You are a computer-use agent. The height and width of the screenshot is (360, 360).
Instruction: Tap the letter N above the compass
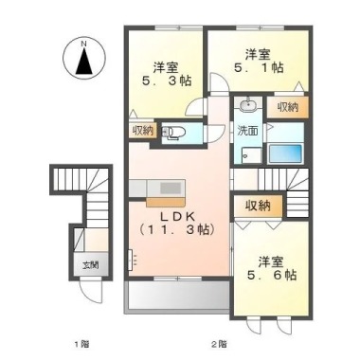point(84,45)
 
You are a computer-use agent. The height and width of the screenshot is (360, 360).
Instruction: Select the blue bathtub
point(285,153)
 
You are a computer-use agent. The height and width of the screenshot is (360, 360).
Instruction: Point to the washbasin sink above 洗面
point(248,104)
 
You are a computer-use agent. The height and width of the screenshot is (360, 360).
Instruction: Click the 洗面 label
point(247,130)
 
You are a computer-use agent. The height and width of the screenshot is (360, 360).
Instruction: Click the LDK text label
point(177,216)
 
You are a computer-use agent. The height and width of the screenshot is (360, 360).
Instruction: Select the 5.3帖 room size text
point(167,81)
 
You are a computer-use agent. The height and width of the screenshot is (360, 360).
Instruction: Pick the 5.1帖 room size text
point(259,67)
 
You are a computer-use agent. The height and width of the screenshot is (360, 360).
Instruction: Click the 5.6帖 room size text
point(272,275)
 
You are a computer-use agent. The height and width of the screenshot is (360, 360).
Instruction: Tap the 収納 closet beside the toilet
point(142,130)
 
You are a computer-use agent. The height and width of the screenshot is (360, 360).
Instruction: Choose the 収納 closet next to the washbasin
point(288,108)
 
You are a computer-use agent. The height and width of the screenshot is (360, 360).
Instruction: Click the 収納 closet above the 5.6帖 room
point(258,206)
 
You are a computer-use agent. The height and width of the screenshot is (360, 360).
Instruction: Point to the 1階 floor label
point(81,343)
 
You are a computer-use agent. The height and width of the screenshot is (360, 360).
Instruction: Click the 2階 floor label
point(219,343)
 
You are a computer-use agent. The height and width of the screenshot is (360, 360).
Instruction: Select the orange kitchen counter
point(166,202)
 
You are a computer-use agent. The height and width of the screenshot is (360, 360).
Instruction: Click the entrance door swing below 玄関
point(91,291)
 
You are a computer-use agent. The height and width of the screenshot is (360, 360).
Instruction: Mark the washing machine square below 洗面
point(251,155)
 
